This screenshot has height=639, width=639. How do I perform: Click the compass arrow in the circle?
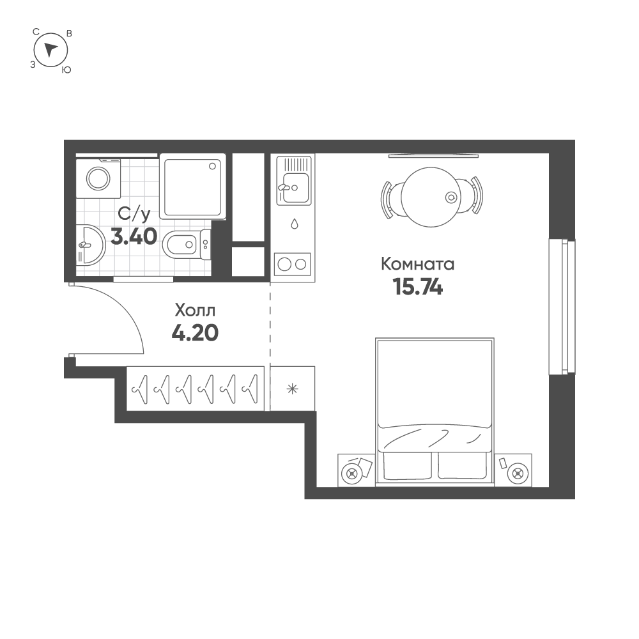(x=51, y=49)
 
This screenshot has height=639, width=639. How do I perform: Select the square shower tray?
(x=192, y=186)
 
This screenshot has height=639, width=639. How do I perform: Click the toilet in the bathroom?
(x=185, y=244)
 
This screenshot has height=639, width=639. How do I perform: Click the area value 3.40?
(x=134, y=236)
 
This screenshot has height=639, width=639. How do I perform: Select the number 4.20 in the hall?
(x=195, y=332)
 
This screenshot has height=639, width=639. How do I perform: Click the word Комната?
(x=417, y=263)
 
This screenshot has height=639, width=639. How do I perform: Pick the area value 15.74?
(x=418, y=288)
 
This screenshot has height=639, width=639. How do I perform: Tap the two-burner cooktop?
(x=292, y=263)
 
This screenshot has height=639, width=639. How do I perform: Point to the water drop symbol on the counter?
(x=294, y=224)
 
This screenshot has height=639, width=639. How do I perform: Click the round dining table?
(x=433, y=197)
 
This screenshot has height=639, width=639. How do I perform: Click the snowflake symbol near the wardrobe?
(x=293, y=389)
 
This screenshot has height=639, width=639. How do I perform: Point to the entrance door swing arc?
(x=128, y=313)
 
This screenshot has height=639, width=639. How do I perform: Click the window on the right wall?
(x=562, y=307)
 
